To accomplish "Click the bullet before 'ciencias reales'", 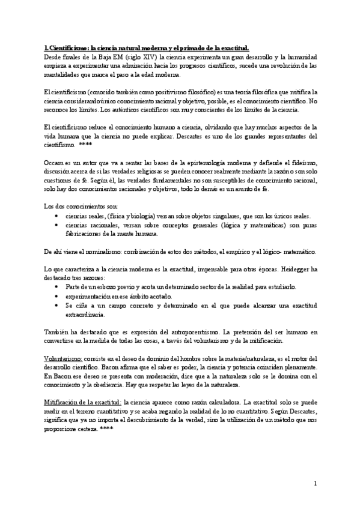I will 56,215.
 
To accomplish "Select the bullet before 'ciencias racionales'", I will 56,224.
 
